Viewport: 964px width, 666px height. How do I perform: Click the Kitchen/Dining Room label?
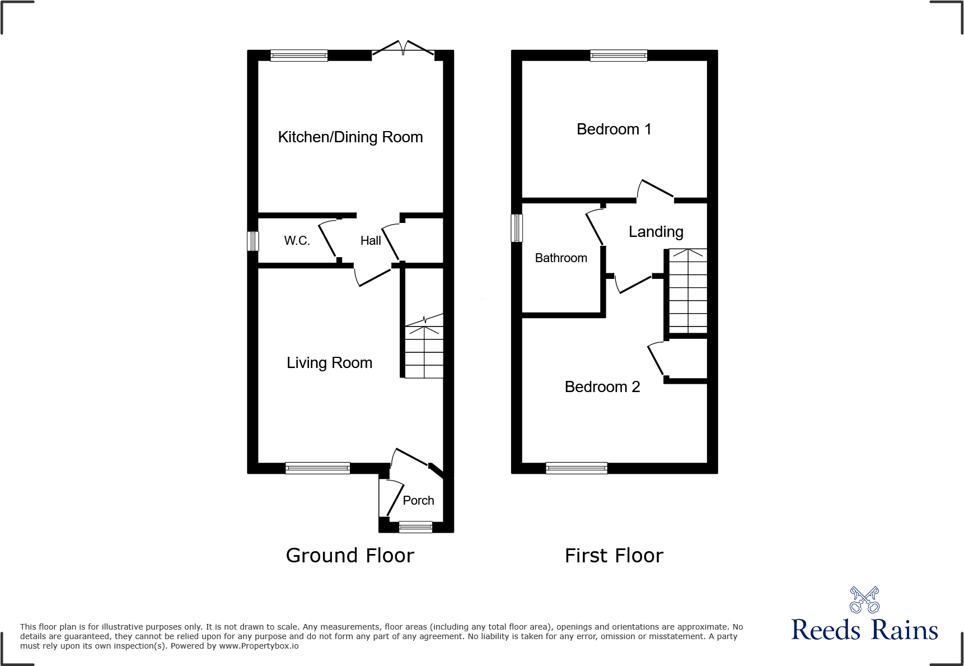pyautogui.click(x=350, y=137)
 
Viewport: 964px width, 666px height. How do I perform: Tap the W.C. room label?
pyautogui.click(x=297, y=241)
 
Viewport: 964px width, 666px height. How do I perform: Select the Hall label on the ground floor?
pyautogui.click(x=371, y=241)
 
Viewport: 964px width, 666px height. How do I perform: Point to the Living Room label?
pyautogui.click(x=329, y=363)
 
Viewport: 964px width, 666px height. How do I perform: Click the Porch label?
pyautogui.click(x=418, y=501)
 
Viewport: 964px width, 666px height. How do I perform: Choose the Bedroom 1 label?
pyautogui.click(x=614, y=129)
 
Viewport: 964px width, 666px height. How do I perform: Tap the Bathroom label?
pyautogui.click(x=561, y=258)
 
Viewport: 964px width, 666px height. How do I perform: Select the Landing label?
pyautogui.click(x=656, y=232)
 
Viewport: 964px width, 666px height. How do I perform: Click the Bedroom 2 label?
pyautogui.click(x=602, y=387)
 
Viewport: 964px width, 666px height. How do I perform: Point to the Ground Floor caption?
pyautogui.click(x=350, y=556)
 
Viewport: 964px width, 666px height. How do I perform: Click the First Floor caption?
pyautogui.click(x=614, y=556)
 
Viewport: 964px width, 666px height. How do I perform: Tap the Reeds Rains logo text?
pyautogui.click(x=864, y=630)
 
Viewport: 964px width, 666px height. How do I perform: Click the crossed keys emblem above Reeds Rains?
pyautogui.click(x=864, y=600)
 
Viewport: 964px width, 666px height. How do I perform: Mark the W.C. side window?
pyautogui.click(x=253, y=241)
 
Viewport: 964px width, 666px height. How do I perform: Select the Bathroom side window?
pyautogui.click(x=517, y=228)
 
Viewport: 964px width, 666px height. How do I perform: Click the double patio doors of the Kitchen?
pyautogui.click(x=403, y=49)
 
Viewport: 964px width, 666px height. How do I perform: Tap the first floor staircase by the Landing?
pyautogui.click(x=688, y=291)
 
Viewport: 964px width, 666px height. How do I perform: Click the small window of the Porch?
pyautogui.click(x=415, y=527)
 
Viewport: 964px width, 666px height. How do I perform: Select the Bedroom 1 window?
pyautogui.click(x=619, y=55)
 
